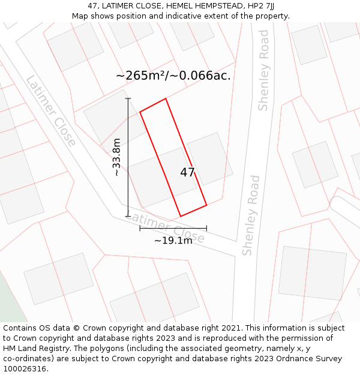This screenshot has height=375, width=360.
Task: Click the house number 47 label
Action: (x=187, y=172)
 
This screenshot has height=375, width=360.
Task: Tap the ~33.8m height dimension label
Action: (x=116, y=157)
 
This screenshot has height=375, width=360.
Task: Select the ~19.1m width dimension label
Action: (x=173, y=241)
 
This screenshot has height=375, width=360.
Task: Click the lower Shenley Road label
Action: (x=251, y=215)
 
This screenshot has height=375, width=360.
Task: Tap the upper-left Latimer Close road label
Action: (x=51, y=111)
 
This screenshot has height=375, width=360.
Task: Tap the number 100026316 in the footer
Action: (x=25, y=368)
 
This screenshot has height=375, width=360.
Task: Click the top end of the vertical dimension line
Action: (x=127, y=98)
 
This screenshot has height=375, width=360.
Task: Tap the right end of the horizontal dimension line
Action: (x=206, y=228)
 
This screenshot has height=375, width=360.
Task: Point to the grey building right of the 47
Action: (x=209, y=158)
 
